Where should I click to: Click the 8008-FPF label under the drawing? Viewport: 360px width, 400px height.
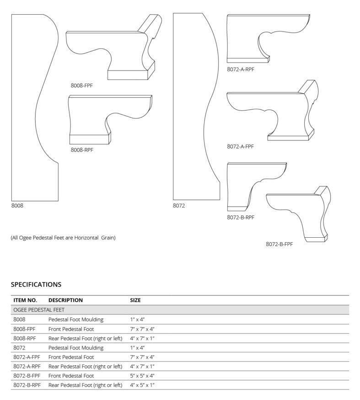coord(82,85)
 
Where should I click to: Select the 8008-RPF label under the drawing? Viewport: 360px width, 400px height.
coord(82,149)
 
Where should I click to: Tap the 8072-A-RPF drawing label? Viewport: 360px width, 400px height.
coord(240,69)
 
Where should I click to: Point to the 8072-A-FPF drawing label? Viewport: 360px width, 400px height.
coord(240,147)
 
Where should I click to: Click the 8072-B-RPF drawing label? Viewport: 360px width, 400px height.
coord(240,217)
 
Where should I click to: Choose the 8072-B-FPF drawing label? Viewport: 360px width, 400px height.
coord(279,244)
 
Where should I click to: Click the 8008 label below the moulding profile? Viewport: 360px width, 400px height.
coord(17,206)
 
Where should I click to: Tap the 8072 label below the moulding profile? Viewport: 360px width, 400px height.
coord(179,206)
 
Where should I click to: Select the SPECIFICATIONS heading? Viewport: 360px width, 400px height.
coord(36,284)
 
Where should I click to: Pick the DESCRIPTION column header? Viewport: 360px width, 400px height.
coord(65,300)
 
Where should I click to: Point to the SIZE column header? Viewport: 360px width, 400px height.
coord(135,300)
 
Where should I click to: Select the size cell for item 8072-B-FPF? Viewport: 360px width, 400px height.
coord(142,376)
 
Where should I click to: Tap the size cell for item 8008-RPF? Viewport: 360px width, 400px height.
coord(142,338)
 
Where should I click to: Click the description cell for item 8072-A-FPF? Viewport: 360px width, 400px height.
coord(71,357)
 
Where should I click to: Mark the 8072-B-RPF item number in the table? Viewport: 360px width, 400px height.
coord(27,385)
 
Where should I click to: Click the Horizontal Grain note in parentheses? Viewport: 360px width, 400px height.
coord(63,238)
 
